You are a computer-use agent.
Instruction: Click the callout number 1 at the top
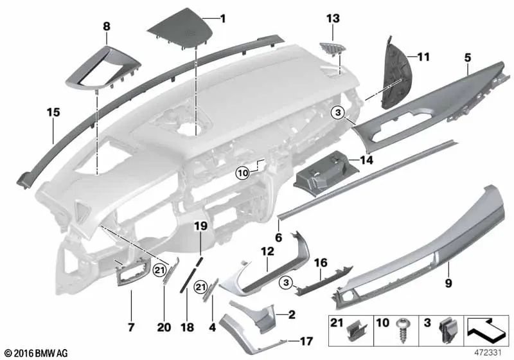[222, 19]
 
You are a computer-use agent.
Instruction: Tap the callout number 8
[106, 27]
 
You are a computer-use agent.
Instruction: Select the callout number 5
[468, 57]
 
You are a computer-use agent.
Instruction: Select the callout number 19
[200, 226]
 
